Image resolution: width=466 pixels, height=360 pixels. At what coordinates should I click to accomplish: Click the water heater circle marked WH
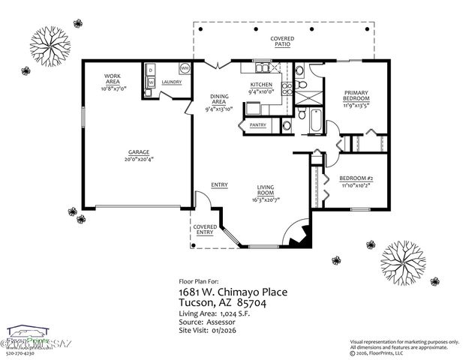click(x=183, y=68)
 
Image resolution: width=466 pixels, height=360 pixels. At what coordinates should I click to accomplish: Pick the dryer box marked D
click(x=150, y=70)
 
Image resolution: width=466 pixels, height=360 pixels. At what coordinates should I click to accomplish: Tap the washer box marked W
click(x=150, y=82)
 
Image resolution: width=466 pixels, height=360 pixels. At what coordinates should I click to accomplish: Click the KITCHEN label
click(x=260, y=85)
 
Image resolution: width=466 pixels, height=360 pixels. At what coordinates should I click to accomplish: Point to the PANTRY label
click(x=258, y=125)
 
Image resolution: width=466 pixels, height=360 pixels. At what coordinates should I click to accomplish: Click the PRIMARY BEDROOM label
click(x=355, y=95)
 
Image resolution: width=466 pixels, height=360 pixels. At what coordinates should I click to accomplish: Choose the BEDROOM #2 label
click(x=356, y=178)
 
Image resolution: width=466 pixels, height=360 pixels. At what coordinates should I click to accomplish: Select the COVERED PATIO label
click(x=283, y=41)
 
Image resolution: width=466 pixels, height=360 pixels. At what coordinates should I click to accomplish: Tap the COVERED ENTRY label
click(x=205, y=229)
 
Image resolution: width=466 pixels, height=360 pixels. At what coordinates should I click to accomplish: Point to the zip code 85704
click(x=272, y=302)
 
